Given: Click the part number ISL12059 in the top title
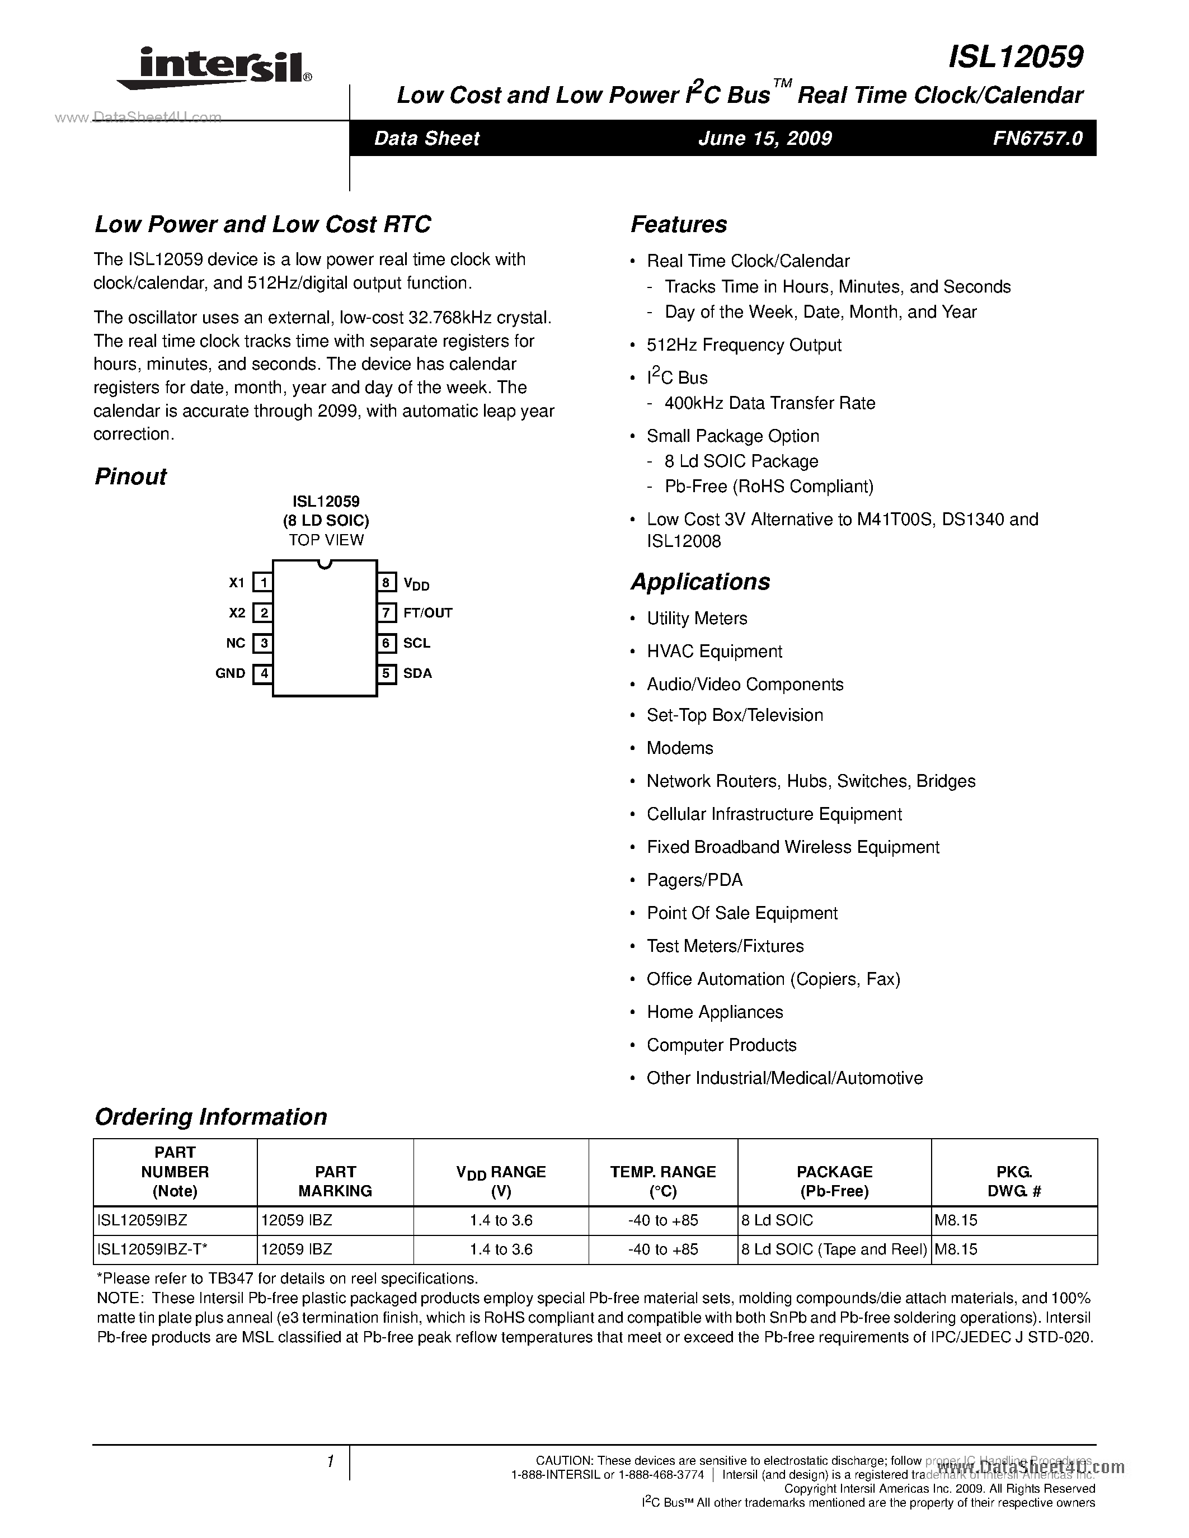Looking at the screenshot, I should pos(1015,57).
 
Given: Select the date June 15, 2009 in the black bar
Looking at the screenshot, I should pos(764,138).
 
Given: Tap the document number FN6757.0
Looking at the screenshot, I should pos(1037,138).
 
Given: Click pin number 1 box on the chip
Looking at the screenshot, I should pos(263,582).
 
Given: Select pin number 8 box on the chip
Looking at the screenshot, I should pos(386,582).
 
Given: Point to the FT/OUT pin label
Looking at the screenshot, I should pos(427,612).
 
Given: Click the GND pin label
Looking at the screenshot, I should pos(231,673).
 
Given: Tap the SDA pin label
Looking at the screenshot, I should pos(417,673).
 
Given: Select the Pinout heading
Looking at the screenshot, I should pos(130,477).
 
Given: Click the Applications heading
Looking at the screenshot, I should pos(699,582).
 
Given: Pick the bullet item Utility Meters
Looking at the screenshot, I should pos(697,619).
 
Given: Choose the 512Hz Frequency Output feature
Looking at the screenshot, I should pos(744,345).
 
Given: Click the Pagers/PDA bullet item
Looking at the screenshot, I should pos(694,880).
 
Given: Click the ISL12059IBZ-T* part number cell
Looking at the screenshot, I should pos(152,1249).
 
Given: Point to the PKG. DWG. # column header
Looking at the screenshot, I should pos(1014,1181).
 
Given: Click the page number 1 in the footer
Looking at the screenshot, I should pos(330,1462).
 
